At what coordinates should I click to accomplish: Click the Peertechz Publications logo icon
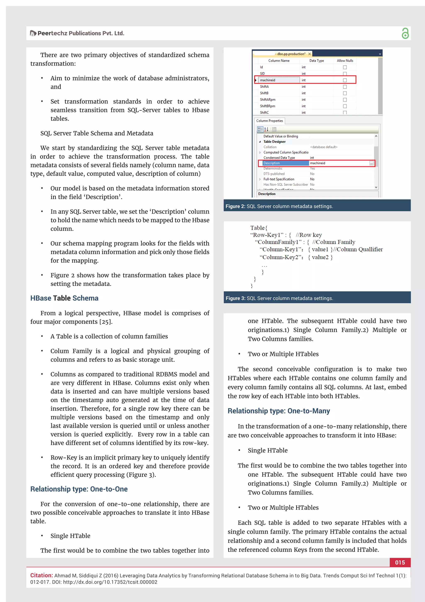(33, 33)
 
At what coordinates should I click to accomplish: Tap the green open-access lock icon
(405, 33)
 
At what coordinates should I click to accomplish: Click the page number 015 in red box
(400, 562)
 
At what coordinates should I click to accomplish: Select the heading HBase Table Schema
(64, 298)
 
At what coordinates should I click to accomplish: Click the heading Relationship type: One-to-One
(79, 489)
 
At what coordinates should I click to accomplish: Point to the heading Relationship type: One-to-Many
(279, 411)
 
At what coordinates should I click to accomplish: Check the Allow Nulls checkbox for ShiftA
(345, 87)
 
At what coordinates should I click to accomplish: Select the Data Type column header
(317, 60)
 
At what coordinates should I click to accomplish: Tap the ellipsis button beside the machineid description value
(371, 163)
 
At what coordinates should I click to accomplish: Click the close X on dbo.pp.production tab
(310, 54)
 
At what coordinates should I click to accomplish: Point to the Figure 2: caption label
(235, 206)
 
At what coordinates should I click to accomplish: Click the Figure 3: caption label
(235, 298)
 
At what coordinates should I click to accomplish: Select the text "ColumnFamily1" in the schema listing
(278, 242)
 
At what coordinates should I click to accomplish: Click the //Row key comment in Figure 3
(309, 235)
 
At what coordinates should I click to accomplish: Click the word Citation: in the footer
(41, 575)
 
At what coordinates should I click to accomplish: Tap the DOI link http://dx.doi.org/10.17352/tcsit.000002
(110, 582)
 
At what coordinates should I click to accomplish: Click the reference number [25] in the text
(106, 322)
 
